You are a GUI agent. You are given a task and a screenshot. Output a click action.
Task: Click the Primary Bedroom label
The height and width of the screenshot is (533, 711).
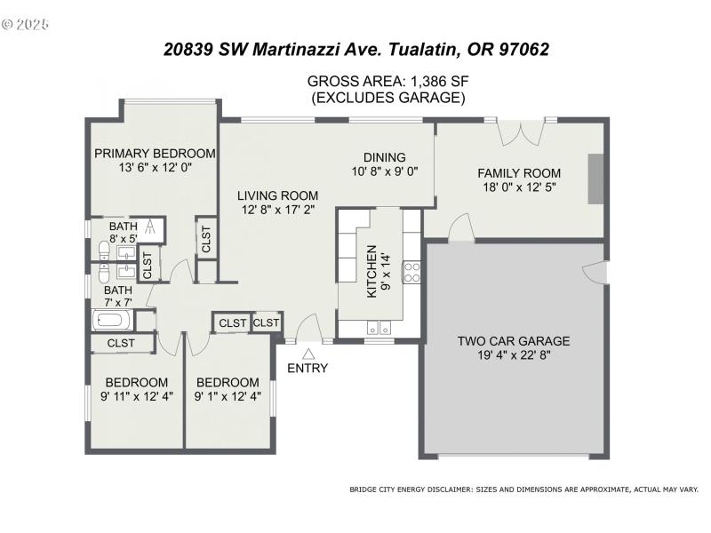156,153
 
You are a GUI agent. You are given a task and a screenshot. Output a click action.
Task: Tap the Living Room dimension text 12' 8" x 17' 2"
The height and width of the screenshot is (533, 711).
277,211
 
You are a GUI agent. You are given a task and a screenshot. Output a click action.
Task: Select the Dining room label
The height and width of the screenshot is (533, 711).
384,157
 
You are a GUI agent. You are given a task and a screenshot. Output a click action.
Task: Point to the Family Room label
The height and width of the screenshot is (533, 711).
519,173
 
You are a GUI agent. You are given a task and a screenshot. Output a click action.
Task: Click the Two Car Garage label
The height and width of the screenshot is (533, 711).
513,340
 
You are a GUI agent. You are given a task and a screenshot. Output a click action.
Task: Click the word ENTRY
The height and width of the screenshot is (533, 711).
308,368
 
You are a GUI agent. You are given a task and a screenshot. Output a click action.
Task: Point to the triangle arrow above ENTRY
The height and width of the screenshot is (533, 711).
308,353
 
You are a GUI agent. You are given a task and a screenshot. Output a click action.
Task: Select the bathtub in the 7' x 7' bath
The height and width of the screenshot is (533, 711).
112,321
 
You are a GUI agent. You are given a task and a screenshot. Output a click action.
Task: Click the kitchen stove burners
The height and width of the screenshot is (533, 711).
412,271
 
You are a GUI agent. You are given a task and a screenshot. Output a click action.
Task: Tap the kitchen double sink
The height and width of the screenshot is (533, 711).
377,325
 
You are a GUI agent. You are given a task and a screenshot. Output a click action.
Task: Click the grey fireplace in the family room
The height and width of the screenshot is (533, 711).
595,181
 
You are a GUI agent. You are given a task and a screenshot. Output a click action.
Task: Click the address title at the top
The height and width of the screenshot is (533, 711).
355,49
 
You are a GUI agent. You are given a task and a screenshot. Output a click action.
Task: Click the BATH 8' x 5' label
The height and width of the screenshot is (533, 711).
123,233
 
